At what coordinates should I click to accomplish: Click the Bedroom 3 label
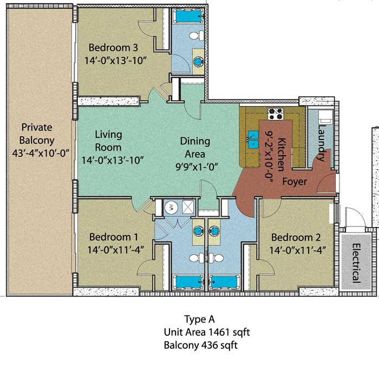pos(113,48)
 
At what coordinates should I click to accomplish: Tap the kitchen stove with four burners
pos(275,114)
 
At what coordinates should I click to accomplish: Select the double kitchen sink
pos(253,140)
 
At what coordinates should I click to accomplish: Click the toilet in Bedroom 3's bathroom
pos(197,36)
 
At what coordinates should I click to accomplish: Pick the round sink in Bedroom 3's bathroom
pos(199,61)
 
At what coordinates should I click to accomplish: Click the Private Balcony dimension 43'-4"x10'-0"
pos(41,153)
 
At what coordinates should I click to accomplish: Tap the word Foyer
pos(295,182)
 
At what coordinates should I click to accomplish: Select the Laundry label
pos(322,143)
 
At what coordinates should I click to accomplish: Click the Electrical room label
pos(356,263)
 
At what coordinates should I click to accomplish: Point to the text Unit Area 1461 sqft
pos(207,333)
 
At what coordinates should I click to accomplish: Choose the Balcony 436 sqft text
pos(201,346)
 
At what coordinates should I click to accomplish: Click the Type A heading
pos(199,320)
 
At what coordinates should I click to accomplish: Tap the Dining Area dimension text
pos(197,167)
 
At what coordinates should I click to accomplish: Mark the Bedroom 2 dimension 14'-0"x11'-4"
pos(298,250)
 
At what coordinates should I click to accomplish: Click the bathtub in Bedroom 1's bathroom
pos(188,282)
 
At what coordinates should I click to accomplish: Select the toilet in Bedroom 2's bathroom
pos(217,258)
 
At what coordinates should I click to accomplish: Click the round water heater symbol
pos(171,207)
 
